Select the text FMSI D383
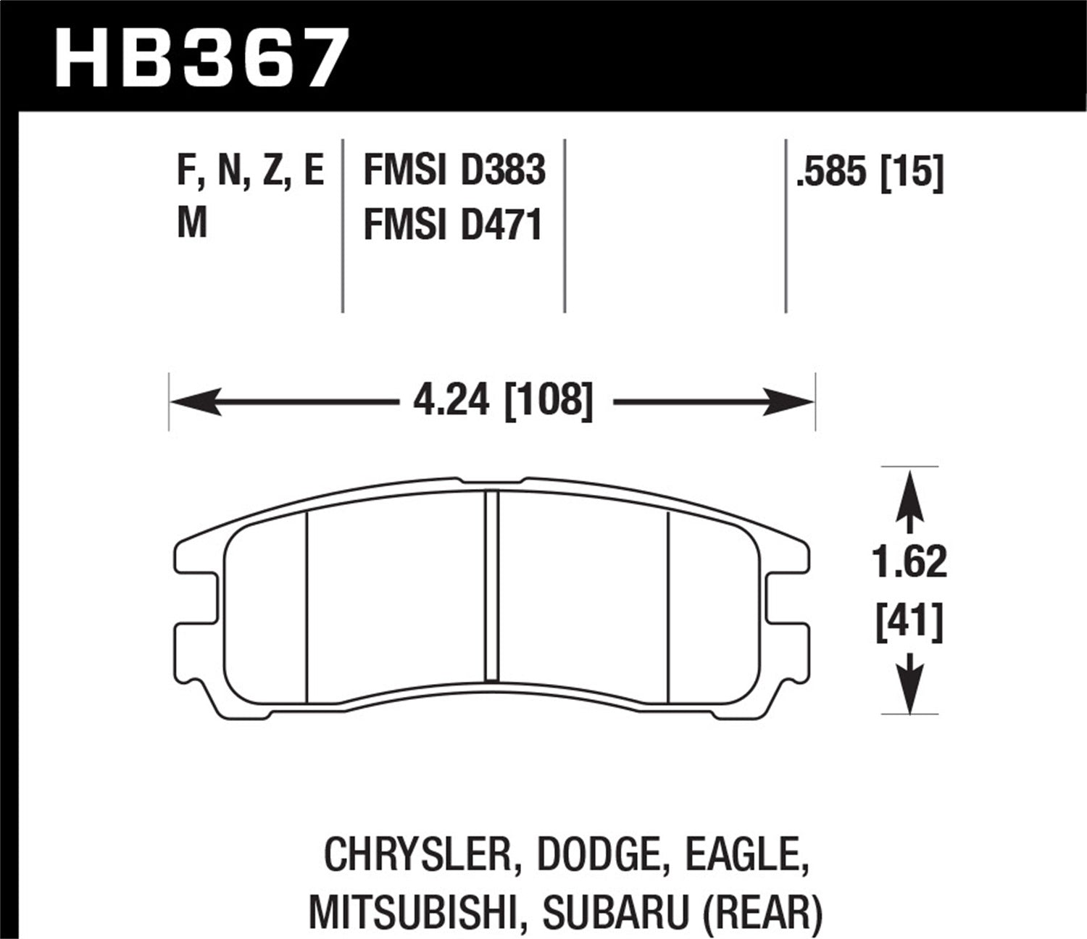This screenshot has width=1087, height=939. click(x=454, y=172)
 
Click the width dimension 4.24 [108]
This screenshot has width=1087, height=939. click(x=503, y=400)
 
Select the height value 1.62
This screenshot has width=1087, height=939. click(x=909, y=562)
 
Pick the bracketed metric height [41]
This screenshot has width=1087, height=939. click(x=909, y=623)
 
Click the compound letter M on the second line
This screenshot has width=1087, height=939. click(x=192, y=224)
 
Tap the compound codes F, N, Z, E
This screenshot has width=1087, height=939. click(x=250, y=172)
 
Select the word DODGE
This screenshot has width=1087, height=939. click(x=598, y=855)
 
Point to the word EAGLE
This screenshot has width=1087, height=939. click(x=743, y=855)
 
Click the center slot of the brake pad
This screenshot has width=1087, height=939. click(x=492, y=585)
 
